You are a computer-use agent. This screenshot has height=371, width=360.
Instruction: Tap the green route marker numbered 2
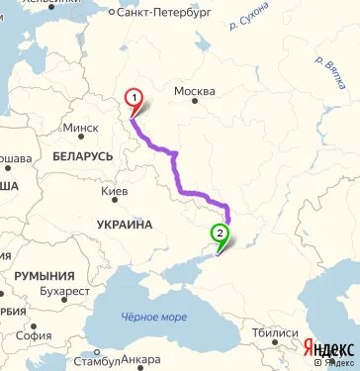pos(220,234)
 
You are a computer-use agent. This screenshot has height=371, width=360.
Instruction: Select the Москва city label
pos(194,92)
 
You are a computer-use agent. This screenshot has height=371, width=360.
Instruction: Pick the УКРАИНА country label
pos(125,225)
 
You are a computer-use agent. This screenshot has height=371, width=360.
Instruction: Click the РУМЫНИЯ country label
pos(45,275)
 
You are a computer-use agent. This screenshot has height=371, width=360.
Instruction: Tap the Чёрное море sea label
pos(153,317)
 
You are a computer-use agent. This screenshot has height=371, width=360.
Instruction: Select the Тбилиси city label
pos(274,332)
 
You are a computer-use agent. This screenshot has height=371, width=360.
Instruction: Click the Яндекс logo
pos(330,348)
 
